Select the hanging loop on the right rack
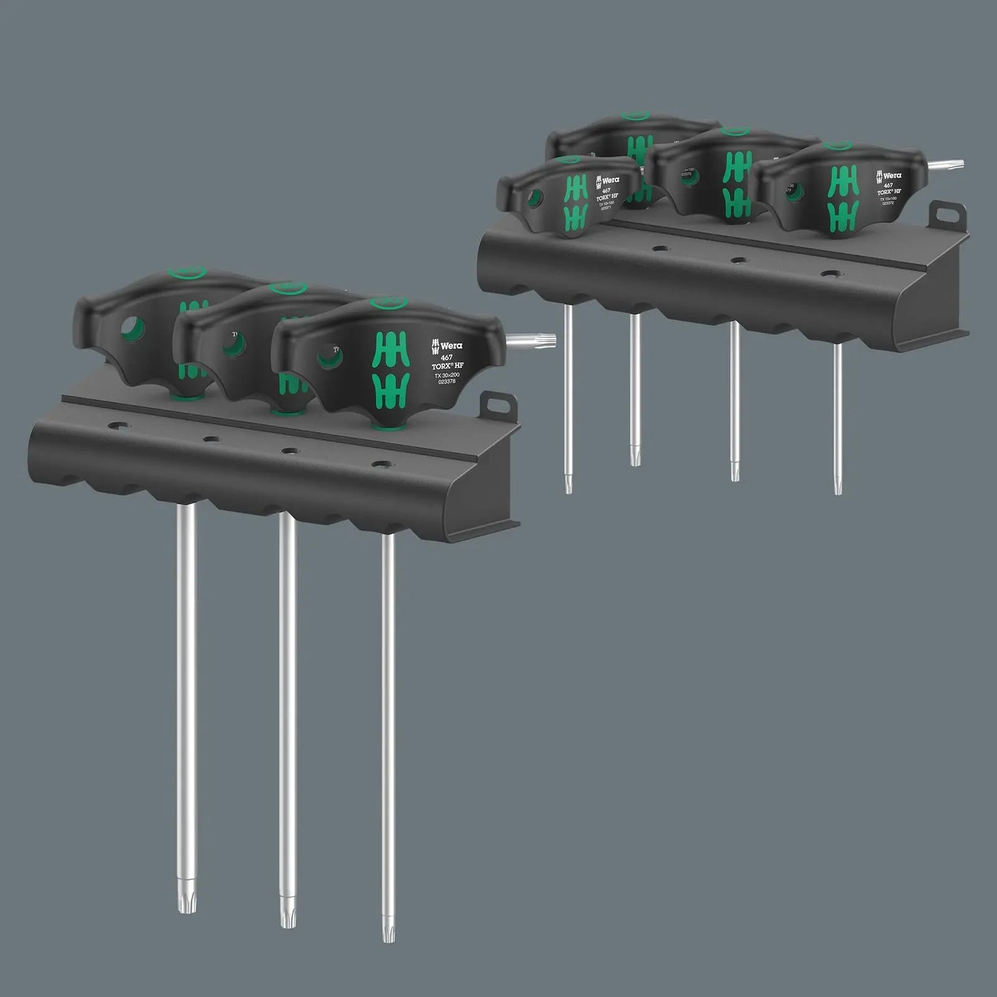tap(947, 214)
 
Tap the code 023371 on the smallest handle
tap(606, 208)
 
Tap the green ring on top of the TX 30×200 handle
tap(388, 303)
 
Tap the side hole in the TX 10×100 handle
tap(533, 198)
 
